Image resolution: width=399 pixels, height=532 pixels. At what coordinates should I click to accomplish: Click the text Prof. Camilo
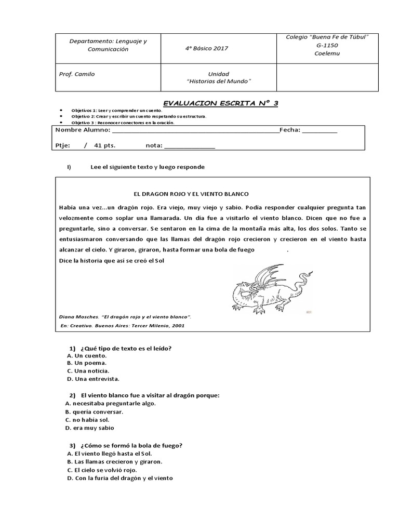(77, 74)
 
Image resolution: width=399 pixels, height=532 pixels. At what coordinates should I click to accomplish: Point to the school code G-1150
(327, 45)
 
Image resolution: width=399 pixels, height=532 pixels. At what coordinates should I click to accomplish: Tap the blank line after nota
(189, 146)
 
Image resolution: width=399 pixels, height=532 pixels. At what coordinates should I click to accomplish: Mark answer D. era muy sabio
(89, 428)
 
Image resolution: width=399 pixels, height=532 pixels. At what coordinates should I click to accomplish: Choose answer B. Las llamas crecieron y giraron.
(114, 461)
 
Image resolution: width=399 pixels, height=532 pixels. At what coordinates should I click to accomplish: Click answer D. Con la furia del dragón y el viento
(120, 478)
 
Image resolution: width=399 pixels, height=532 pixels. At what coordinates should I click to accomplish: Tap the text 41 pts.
(104, 146)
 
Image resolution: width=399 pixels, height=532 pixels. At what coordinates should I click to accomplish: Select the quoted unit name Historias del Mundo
(218, 82)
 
